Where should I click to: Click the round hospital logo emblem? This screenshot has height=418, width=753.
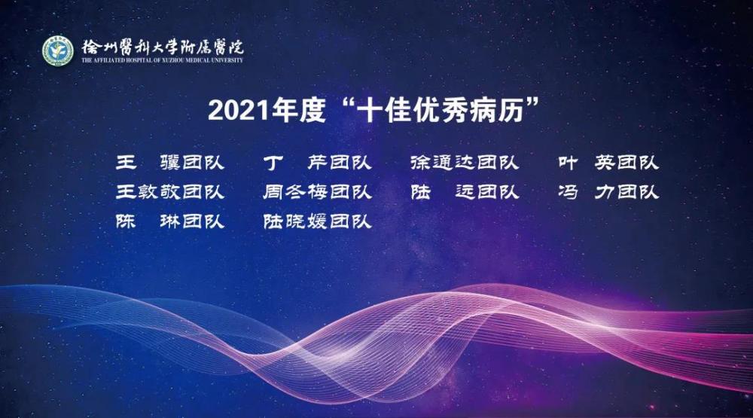tap(58, 51)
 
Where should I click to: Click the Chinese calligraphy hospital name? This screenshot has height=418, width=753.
tap(163, 46)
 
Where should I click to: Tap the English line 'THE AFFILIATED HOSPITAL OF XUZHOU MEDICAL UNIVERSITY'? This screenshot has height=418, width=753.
tap(163, 60)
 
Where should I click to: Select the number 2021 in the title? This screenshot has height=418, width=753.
tap(239, 110)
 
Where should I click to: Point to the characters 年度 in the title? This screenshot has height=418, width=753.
tap(298, 110)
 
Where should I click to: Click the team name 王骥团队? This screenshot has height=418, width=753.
tap(170, 163)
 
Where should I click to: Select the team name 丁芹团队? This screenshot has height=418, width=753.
tap(318, 163)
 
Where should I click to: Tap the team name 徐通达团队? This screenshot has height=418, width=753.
tap(465, 163)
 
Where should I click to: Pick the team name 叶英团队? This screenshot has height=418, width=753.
tap(608, 163)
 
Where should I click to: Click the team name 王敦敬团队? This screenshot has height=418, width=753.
tap(170, 192)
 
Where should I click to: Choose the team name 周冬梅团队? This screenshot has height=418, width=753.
tap(318, 192)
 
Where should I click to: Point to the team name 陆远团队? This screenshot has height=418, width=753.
tap(465, 192)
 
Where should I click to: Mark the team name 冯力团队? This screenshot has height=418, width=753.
tap(608, 192)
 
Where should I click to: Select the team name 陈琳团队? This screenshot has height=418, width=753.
tap(170, 221)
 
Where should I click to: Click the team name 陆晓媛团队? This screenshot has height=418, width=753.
tap(318, 221)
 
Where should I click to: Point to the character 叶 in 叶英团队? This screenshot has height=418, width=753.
tap(568, 163)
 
